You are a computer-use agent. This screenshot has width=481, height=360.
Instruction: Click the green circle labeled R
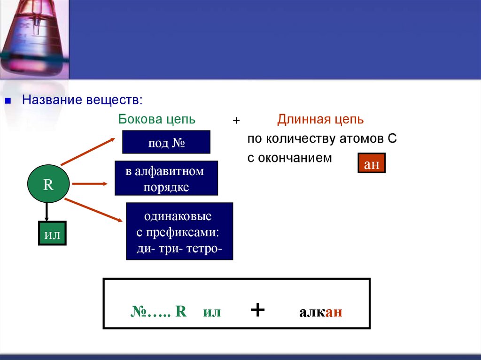(48, 184)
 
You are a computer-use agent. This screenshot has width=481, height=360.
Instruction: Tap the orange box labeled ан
(372, 163)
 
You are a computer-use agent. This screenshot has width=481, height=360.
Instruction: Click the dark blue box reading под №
(166, 142)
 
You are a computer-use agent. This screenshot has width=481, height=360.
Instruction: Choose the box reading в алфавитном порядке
(166, 178)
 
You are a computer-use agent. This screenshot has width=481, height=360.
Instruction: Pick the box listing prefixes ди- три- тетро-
(179, 231)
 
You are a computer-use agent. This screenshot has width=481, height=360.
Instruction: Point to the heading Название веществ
(82, 100)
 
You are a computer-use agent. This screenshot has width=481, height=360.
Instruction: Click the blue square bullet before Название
(8, 101)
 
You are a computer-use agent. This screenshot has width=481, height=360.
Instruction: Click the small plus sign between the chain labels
(236, 121)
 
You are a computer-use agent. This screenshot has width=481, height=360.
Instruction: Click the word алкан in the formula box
(320, 312)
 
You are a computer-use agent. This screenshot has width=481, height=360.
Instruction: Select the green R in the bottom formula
(181, 312)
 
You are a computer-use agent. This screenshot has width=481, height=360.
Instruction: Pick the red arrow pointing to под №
(88, 152)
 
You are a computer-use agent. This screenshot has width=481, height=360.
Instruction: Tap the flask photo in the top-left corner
(34, 38)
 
